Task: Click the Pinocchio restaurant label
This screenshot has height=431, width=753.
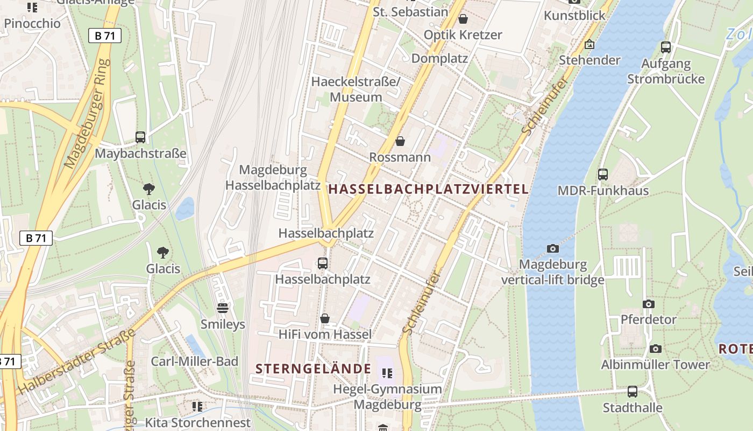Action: (32, 24)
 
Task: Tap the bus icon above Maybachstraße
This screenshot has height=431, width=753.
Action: (140, 137)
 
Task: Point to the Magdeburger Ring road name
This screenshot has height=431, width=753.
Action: (86, 114)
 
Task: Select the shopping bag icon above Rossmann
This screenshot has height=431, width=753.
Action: (400, 141)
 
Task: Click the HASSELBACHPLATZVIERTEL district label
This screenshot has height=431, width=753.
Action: (429, 189)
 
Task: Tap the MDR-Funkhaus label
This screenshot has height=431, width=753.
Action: (603, 191)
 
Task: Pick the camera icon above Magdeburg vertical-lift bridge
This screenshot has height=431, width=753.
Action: (552, 248)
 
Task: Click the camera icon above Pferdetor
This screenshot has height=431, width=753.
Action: (649, 304)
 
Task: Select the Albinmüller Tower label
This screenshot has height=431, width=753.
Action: (655, 365)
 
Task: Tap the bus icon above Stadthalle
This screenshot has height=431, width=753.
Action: (633, 392)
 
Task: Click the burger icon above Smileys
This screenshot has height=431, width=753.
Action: (223, 308)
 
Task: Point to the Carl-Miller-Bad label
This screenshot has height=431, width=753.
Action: (194, 362)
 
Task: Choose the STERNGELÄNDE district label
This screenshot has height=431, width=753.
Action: (313, 369)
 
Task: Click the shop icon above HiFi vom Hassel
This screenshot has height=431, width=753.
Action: (325, 318)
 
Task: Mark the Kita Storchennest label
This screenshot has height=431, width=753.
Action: (198, 422)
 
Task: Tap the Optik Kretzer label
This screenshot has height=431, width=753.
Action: (463, 35)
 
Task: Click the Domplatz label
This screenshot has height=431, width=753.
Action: (439, 58)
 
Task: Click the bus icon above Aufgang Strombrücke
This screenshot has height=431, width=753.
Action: (666, 47)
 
